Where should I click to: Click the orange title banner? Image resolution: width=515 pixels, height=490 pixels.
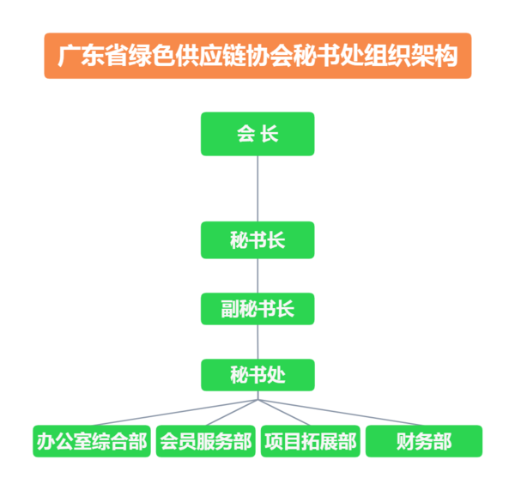click(257, 56)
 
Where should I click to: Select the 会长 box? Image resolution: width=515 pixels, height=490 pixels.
click(257, 134)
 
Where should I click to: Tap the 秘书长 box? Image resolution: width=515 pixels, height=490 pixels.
click(257, 240)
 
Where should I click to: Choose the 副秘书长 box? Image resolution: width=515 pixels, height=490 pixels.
click(257, 308)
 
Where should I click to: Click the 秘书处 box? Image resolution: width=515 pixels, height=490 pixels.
click(257, 375)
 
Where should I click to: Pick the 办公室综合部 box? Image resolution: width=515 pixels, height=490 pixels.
click(91, 441)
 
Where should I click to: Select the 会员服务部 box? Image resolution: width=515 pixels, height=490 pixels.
click(206, 441)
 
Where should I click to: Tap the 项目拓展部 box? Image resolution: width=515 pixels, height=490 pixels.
click(310, 441)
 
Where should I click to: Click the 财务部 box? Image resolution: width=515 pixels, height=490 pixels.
click(424, 441)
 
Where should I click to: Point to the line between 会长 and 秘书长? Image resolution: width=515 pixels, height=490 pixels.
click(257, 189)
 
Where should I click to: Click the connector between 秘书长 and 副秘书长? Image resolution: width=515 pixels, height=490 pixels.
click(257, 275)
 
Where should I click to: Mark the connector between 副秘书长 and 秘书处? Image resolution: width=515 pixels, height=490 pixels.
click(257, 342)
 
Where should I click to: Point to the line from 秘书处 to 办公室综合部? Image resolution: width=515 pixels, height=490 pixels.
click(172, 412)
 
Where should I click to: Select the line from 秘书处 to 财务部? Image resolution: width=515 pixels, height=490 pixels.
click(343, 412)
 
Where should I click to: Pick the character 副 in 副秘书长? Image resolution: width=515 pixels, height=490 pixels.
click(230, 309)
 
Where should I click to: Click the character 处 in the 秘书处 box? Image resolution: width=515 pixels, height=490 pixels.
click(276, 376)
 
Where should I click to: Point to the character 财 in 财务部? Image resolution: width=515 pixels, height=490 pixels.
click(405, 442)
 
